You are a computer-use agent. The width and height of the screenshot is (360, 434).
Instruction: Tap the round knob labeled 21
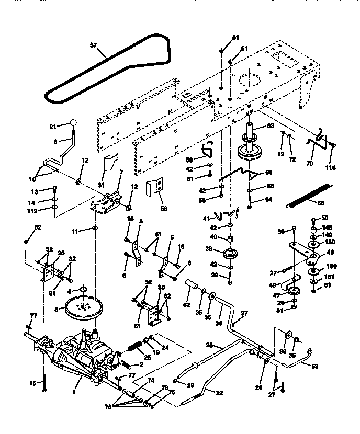click(x=74, y=123)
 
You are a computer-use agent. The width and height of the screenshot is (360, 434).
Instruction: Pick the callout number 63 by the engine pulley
click(x=271, y=125)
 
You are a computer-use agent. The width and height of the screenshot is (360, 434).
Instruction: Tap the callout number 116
click(x=330, y=167)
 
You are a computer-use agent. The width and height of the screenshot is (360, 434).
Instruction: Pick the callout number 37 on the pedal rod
click(x=244, y=314)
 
